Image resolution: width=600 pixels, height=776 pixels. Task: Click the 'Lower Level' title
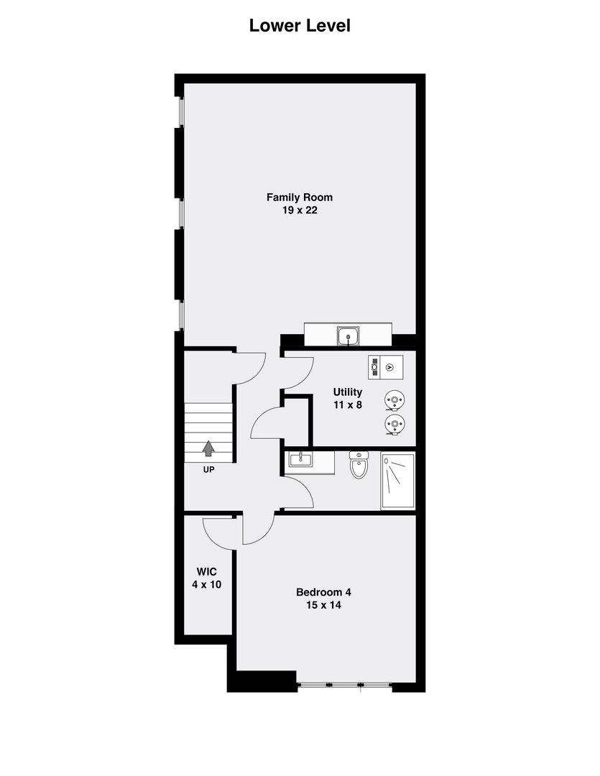click(x=300, y=26)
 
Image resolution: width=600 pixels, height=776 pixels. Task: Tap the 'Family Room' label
click(x=300, y=197)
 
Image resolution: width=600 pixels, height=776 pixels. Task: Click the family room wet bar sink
click(x=350, y=335)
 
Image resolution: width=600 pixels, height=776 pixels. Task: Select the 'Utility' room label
click(x=347, y=392)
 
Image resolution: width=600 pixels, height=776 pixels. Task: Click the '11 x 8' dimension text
click(x=347, y=405)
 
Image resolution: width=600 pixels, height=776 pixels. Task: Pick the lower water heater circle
click(x=393, y=425)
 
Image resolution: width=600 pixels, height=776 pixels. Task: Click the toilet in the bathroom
click(x=358, y=466)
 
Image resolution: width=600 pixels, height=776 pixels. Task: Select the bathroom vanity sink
click(x=300, y=459)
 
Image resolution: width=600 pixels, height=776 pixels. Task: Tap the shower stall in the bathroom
click(x=397, y=481)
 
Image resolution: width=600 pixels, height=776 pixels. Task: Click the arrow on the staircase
click(x=208, y=449)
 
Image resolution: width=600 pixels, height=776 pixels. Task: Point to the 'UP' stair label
click(x=208, y=470)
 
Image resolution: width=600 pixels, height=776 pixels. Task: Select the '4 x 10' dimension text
click(x=206, y=585)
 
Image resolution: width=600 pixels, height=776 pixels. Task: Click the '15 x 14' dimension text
click(x=323, y=606)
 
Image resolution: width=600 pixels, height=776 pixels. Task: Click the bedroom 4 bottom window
click(x=345, y=685)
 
